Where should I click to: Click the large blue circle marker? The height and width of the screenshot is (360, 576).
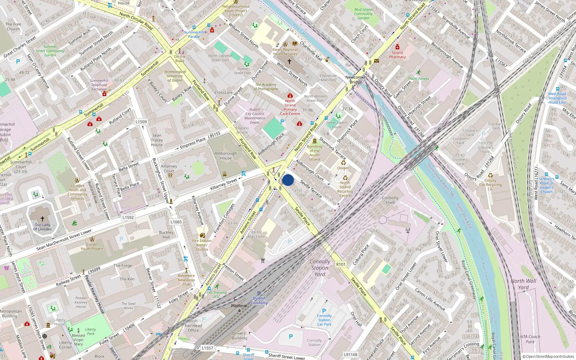[x=288, y=180]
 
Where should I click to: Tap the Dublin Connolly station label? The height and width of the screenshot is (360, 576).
[x=259, y=301]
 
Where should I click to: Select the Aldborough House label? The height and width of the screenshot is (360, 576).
[x=226, y=156]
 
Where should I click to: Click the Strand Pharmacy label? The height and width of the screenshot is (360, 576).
[x=397, y=55]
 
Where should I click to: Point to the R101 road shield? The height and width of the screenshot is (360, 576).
[x=341, y=264]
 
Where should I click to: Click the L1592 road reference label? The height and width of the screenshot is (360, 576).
[x=128, y=217]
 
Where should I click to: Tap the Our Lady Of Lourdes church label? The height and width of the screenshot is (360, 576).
[x=43, y=227]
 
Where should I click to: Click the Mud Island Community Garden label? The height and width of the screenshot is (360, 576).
[x=363, y=14]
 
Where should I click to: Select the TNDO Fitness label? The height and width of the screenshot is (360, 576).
[x=418, y=78]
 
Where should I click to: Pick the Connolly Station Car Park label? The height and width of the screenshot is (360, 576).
[x=324, y=320]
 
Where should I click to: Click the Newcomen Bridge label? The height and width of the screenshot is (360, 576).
[x=356, y=80]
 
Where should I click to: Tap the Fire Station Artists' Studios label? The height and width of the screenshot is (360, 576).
[x=202, y=245]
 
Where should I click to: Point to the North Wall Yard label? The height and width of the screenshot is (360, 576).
[x=523, y=284]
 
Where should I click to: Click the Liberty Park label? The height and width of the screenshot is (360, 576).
[x=90, y=332]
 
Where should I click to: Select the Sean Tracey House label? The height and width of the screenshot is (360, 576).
[x=157, y=140]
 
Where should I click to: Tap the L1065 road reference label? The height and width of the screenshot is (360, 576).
[x=176, y=222]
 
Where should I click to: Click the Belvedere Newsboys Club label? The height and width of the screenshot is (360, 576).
[x=186, y=280]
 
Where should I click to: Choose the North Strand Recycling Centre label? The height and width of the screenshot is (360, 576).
[x=345, y=189]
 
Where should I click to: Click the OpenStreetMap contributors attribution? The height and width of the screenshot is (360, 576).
[x=548, y=356]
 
